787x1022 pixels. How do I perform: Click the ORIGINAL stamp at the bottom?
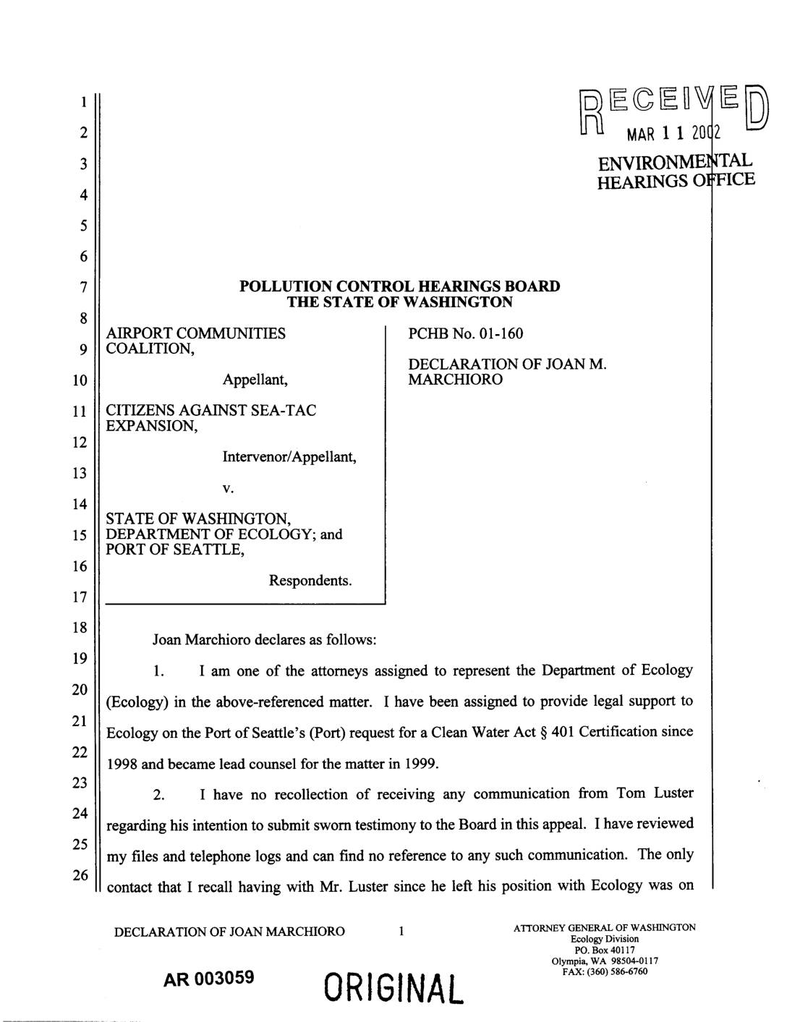[395, 987]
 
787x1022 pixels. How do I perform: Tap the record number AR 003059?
[209, 979]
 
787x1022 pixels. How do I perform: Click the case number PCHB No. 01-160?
[465, 333]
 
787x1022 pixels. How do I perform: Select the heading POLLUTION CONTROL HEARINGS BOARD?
[399, 286]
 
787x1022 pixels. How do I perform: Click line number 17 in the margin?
[83, 597]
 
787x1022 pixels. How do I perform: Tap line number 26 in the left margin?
[83, 876]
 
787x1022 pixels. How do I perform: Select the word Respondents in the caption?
[310, 581]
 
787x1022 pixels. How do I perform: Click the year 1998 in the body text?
[123, 764]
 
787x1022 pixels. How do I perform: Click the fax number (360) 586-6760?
[618, 971]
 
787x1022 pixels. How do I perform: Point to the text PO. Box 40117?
[605, 950]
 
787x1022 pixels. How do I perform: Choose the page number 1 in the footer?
[401, 932]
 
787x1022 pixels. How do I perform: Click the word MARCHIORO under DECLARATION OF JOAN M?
[455, 380]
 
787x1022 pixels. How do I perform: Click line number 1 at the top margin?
[83, 102]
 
